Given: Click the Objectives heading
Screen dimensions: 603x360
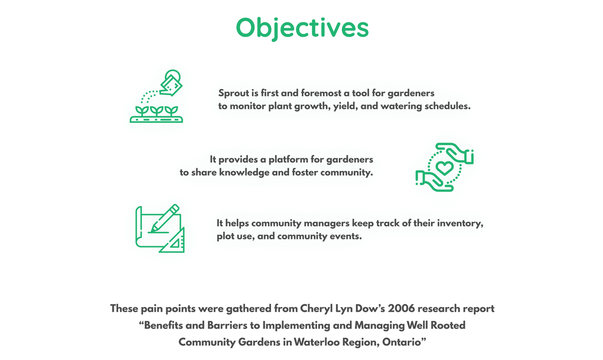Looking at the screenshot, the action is pos(302,28).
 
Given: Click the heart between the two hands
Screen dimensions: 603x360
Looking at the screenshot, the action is pos(445,168).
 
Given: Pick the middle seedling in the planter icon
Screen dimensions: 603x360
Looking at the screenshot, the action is pos(157,111).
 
